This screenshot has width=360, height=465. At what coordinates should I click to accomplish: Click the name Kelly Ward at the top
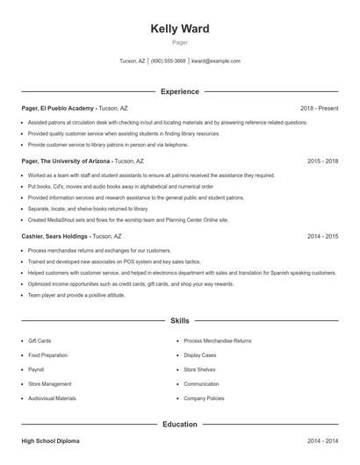click(179, 29)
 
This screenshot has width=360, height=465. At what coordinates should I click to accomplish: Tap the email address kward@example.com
click(215, 61)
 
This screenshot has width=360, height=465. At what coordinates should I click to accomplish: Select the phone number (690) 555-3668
click(168, 61)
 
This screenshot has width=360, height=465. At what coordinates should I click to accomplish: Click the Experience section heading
click(179, 91)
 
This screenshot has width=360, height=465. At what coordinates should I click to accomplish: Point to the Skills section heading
click(179, 321)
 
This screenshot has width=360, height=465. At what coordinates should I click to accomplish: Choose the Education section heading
click(179, 425)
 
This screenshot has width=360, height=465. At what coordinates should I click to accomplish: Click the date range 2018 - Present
click(319, 108)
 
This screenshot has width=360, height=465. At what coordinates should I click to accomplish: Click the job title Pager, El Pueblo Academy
click(58, 108)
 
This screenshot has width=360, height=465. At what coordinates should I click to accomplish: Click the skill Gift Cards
click(40, 340)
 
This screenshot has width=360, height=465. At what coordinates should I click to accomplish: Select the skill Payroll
click(36, 369)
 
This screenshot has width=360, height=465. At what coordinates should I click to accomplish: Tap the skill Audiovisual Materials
click(52, 398)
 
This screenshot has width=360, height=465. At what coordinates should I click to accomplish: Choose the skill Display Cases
click(201, 355)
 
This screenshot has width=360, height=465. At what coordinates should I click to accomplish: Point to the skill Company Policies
click(204, 398)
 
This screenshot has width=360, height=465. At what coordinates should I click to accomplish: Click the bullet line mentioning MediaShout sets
click(127, 220)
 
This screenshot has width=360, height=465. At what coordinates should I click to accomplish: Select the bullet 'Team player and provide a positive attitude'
click(76, 295)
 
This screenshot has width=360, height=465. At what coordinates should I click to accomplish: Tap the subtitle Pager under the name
click(179, 42)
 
